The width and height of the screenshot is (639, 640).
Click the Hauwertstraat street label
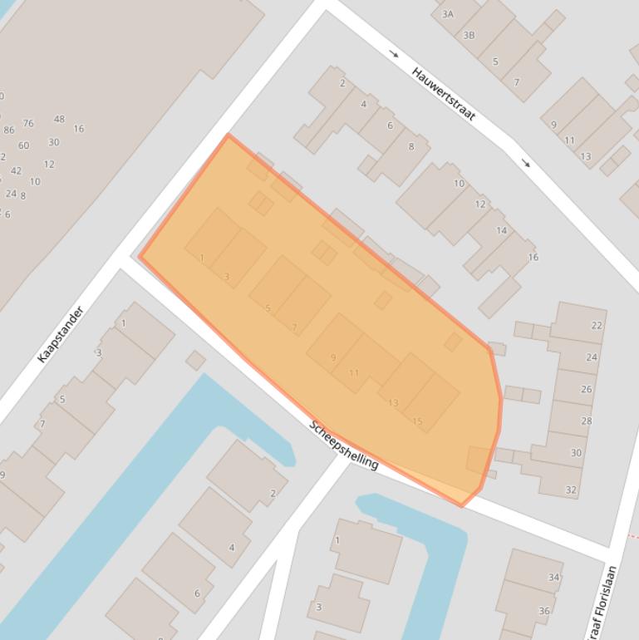444,94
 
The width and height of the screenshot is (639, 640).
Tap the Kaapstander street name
61,334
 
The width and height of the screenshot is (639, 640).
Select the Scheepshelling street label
344,445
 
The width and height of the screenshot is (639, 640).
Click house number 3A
448,14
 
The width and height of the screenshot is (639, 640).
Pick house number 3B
469,35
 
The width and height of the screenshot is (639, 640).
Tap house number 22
597,325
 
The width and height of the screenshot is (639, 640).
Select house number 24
592,357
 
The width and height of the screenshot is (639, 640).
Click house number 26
587,389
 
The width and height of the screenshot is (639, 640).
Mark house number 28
587,421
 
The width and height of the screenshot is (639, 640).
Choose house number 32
571,490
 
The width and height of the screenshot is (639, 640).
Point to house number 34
554,577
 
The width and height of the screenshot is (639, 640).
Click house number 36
544,611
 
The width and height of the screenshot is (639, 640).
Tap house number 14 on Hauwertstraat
501,230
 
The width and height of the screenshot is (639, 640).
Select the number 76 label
28,123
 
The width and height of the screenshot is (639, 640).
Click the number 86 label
9,130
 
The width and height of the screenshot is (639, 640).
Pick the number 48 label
59,119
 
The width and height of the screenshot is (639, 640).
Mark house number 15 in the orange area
417,421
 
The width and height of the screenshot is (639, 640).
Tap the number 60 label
23,145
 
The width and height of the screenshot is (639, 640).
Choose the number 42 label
17,170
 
